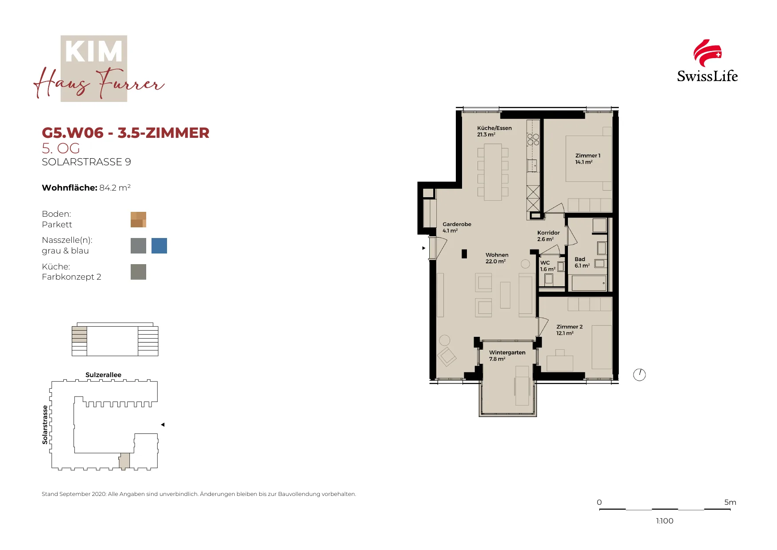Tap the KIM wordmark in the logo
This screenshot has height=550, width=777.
(x=94, y=52)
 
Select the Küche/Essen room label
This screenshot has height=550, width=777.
(x=494, y=131)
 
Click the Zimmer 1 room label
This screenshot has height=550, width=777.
(x=588, y=159)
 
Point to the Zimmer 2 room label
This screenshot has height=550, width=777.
(x=570, y=330)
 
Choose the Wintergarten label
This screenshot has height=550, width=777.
(x=507, y=355)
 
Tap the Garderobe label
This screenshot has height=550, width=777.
(x=457, y=227)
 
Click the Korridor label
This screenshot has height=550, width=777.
(x=548, y=236)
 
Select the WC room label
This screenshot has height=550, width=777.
(x=548, y=266)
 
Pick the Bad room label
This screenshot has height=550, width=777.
(x=582, y=262)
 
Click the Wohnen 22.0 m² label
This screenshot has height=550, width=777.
(x=497, y=258)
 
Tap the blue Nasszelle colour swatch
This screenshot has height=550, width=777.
(x=159, y=246)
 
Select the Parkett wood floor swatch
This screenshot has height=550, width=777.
(x=138, y=219)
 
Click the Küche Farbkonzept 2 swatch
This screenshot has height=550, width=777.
(x=138, y=272)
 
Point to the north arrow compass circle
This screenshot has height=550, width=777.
(x=639, y=375)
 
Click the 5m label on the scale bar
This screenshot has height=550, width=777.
(x=730, y=502)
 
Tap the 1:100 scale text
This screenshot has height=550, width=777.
(x=664, y=521)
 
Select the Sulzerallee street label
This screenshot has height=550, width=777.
(x=103, y=375)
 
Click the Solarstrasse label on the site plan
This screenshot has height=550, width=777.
(x=45, y=425)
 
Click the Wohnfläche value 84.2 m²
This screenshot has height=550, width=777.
(x=115, y=187)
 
